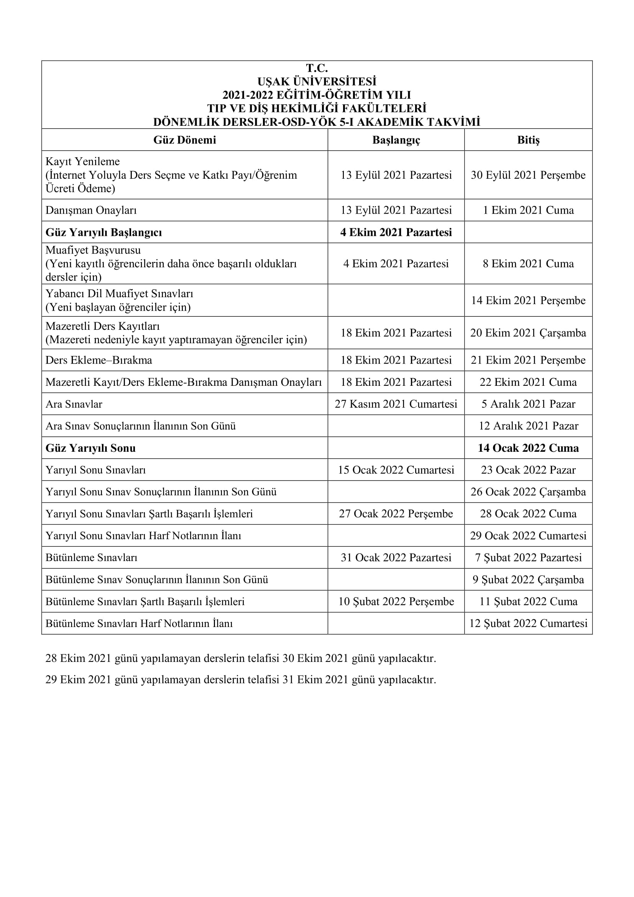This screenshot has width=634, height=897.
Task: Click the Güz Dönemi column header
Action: (x=184, y=140)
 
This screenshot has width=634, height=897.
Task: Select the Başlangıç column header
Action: (x=396, y=140)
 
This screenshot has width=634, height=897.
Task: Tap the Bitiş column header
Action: (x=528, y=140)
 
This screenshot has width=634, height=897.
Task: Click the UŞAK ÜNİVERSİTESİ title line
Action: (x=317, y=82)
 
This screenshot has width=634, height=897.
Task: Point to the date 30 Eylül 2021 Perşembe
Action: (x=528, y=175)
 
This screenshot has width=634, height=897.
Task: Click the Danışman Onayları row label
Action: (x=91, y=210)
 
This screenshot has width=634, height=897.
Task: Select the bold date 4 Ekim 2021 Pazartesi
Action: (x=396, y=232)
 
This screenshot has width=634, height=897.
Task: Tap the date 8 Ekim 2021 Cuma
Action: (x=528, y=264)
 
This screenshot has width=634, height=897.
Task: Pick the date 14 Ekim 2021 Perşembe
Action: (x=528, y=300)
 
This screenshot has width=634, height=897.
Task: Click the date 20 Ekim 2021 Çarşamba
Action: (x=528, y=333)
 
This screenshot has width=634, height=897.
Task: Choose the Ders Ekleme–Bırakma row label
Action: (x=99, y=360)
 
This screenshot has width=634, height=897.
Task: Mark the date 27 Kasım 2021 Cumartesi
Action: (x=396, y=404)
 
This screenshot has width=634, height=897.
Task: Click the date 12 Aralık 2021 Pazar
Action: (x=528, y=426)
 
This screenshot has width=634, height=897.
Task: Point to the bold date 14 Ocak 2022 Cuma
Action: (x=528, y=448)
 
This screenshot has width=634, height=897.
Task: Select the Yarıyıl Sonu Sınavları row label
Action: (x=96, y=470)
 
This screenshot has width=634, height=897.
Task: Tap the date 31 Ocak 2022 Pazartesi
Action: (x=396, y=558)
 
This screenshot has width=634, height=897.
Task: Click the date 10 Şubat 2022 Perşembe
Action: (x=396, y=601)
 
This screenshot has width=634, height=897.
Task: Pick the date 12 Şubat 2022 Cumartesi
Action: (x=528, y=623)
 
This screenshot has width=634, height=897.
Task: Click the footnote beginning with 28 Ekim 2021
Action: (x=240, y=658)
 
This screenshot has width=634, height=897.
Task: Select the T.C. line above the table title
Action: (x=317, y=68)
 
